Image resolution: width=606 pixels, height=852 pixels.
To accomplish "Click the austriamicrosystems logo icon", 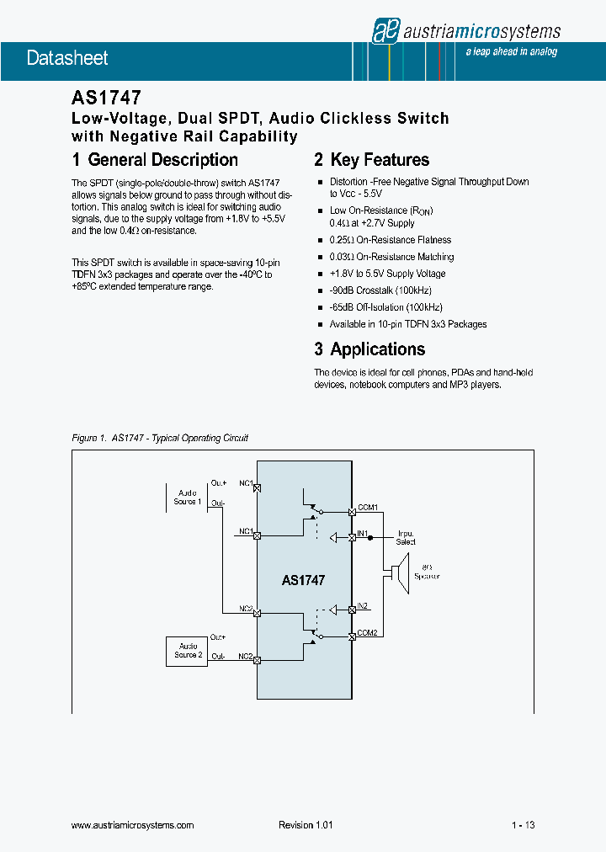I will click(x=384, y=32).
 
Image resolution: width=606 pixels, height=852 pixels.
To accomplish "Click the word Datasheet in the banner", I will click(x=67, y=58).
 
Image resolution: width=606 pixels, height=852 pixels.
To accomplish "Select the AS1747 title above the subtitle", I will click(x=106, y=98).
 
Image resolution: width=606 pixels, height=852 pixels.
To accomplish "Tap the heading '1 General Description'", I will click(x=155, y=160).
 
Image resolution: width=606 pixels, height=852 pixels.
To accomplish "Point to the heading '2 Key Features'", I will click(x=371, y=160).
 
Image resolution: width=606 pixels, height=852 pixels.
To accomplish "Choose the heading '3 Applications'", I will click(x=369, y=349).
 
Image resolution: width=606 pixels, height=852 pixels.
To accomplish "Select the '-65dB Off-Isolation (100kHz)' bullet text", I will click(x=385, y=307).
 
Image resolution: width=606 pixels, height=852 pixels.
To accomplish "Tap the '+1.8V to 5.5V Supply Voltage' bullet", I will click(x=387, y=274).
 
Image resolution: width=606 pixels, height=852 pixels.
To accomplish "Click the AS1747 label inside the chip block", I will click(x=303, y=580).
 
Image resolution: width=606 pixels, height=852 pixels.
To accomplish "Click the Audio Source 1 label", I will click(x=187, y=498).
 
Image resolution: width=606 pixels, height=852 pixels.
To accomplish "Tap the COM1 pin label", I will click(x=368, y=507).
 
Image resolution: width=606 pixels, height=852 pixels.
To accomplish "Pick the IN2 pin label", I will click(x=362, y=605).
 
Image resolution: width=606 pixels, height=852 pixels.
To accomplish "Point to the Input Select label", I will click(x=406, y=538).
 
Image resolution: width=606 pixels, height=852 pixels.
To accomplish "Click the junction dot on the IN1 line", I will click(x=384, y=535).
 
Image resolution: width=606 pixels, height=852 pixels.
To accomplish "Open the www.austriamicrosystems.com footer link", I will click(x=133, y=825).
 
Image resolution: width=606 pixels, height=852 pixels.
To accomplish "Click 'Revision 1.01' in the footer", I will click(x=306, y=825).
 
